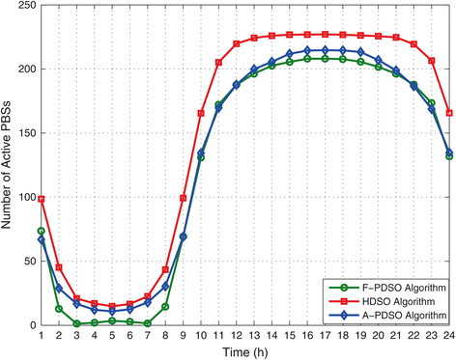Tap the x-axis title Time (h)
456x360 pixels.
coord(245,350)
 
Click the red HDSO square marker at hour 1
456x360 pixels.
coord(42,199)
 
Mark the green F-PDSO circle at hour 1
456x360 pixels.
coord(42,232)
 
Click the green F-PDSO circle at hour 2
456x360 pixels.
coord(59,309)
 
